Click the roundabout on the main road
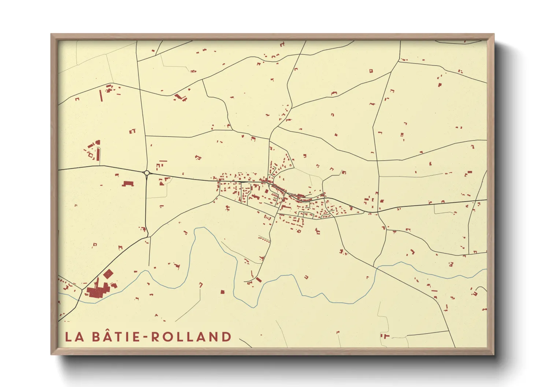[x=146, y=173]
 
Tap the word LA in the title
[x=75, y=337]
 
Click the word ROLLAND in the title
[x=191, y=337]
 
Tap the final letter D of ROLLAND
[x=226, y=337]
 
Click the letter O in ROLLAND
[x=167, y=337]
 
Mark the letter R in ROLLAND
[x=155, y=337]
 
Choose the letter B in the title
[x=96, y=337]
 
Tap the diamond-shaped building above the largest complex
[x=108, y=274]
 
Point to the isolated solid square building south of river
[x=222, y=292]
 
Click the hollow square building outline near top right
[x=371, y=71]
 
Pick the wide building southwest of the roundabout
[x=127, y=183]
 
